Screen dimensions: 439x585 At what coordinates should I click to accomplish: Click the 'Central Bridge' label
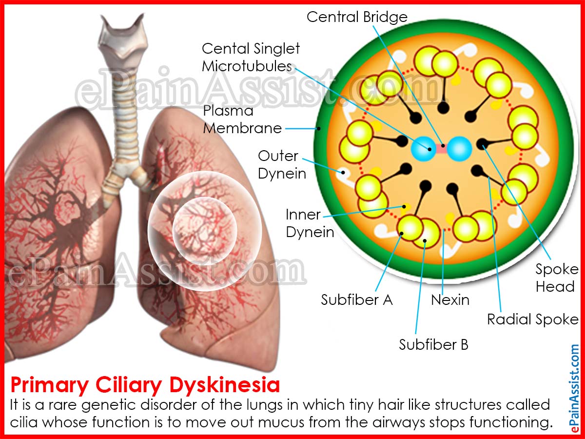click(x=357, y=17)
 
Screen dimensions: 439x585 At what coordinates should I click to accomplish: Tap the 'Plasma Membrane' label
click(x=242, y=120)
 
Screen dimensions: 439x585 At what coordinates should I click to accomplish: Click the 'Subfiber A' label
click(x=356, y=299)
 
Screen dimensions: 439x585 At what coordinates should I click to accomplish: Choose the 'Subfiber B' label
click(x=433, y=344)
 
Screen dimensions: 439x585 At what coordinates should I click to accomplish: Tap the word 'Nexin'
click(x=450, y=299)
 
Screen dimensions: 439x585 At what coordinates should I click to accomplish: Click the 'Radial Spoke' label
click(x=532, y=319)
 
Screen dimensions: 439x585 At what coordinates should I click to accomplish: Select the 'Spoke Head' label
click(x=557, y=278)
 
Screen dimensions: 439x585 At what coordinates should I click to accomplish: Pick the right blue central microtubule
click(x=459, y=147)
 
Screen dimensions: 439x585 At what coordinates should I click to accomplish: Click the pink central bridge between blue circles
click(x=441, y=148)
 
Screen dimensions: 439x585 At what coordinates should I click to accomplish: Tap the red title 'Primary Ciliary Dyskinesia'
click(x=145, y=385)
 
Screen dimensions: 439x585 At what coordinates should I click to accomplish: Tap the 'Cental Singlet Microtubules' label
click(x=251, y=57)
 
